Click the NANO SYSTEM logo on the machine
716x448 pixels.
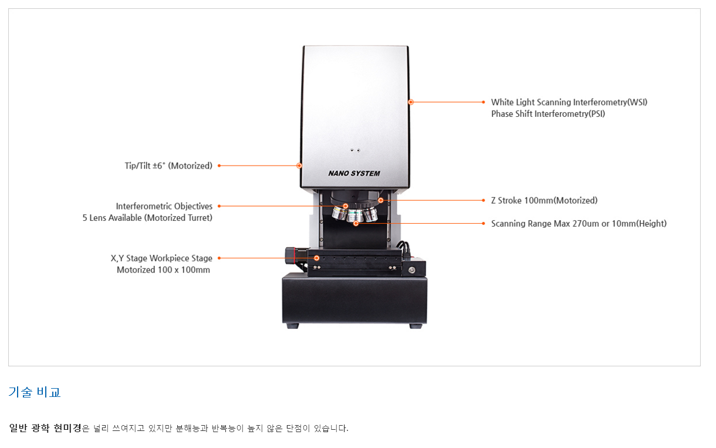(354, 173)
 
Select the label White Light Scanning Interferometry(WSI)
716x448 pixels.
(569, 102)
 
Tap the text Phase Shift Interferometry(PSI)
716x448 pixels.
(548, 114)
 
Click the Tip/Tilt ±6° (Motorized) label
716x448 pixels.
(168, 166)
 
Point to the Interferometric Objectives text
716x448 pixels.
(164, 206)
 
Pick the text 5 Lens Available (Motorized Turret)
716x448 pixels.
(147, 218)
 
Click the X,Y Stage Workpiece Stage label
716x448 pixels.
(161, 258)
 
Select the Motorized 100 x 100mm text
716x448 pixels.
(163, 270)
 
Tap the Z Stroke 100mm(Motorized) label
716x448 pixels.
(544, 200)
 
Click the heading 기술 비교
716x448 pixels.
(35, 392)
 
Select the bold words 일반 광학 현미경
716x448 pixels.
(45, 428)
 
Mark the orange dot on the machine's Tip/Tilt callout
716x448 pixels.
(299, 166)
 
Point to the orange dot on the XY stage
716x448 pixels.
(316, 258)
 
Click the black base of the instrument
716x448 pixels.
(354, 299)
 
